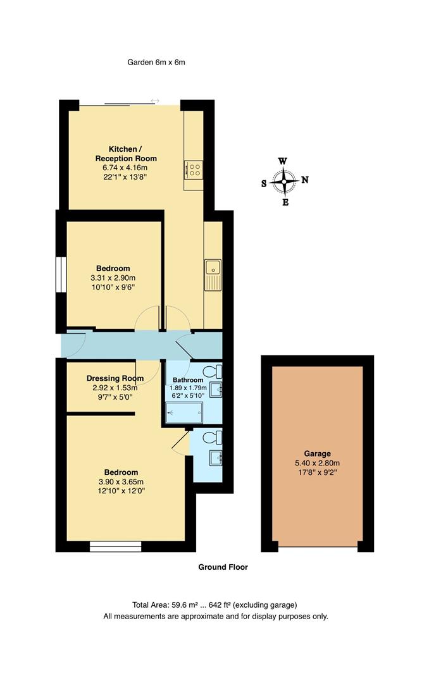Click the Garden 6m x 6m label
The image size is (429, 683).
tap(156, 62)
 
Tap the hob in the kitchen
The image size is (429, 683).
tap(194, 169)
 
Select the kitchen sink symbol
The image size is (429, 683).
tap(213, 274)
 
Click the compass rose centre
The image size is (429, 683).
tap(285, 182)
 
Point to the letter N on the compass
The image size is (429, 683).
tap(305, 180)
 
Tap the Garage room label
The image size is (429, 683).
tap(317, 453)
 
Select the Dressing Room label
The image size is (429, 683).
tap(115, 378)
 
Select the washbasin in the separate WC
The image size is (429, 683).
tap(216, 457)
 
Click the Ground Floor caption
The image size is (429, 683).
tap(223, 567)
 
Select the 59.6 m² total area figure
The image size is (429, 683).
tap(183, 605)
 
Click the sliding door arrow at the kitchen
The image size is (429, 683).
tap(155, 101)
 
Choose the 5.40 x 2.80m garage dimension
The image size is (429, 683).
tap(317, 463)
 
